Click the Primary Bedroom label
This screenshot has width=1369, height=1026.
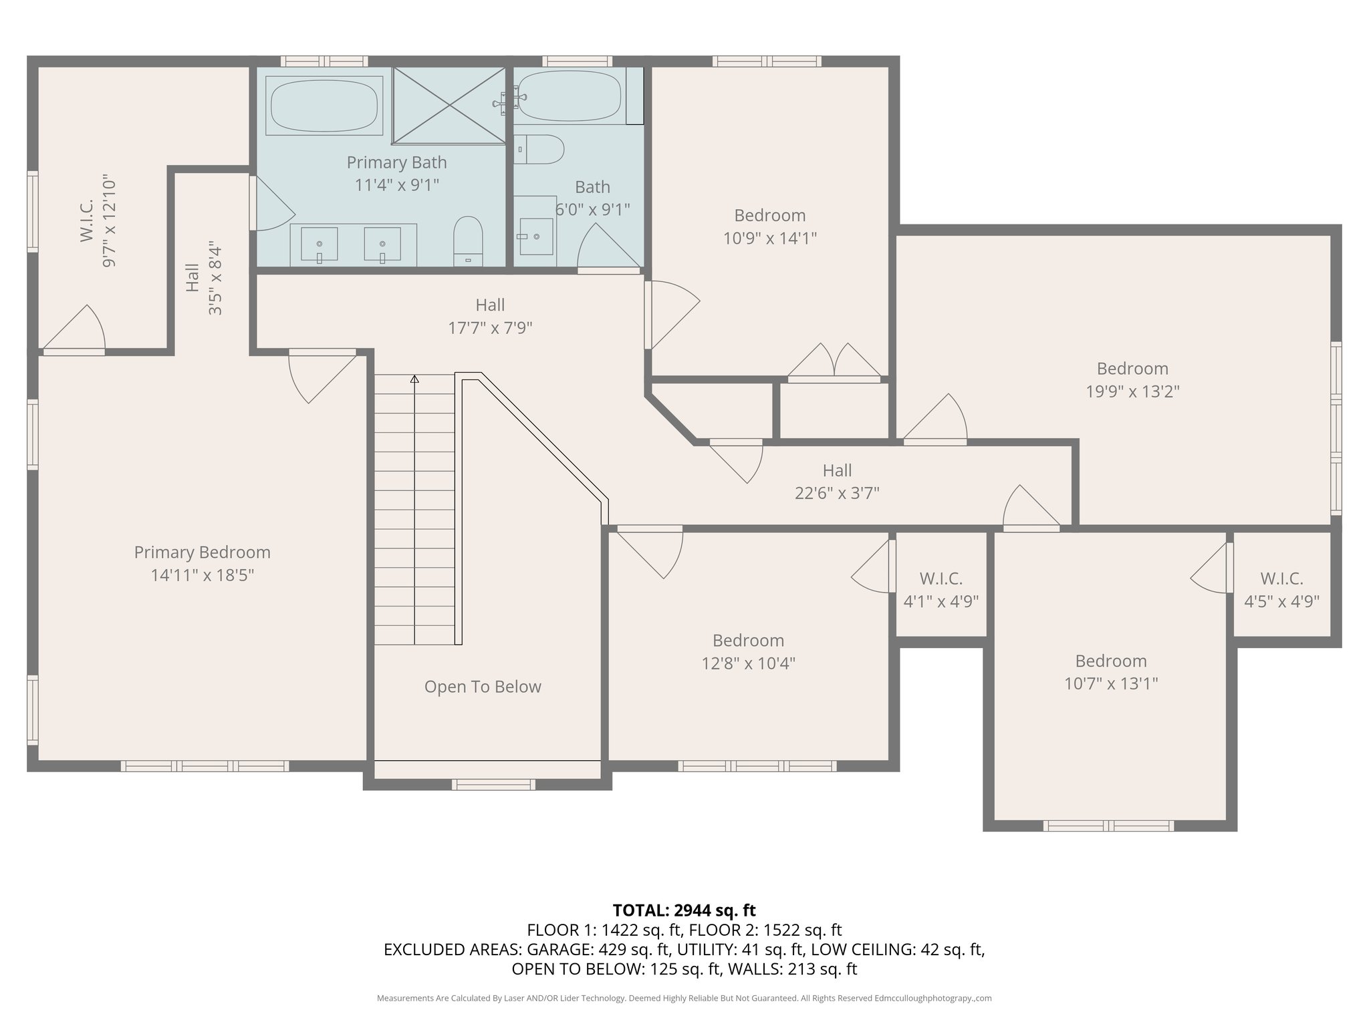202,552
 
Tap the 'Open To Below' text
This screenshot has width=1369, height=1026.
483,687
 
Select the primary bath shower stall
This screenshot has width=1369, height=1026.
449,105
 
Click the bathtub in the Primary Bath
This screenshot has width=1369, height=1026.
324,105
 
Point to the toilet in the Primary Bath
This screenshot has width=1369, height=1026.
468,240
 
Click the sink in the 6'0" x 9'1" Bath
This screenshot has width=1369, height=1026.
536,236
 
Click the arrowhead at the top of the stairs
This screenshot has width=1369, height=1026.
414,379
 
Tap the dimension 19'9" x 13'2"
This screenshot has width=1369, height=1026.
1132,391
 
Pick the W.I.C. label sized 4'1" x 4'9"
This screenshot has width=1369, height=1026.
941,590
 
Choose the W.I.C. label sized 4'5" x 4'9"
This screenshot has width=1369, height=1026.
1281,590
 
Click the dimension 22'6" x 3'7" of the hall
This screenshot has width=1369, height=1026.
837,494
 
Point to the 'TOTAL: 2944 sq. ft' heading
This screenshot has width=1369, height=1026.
684,910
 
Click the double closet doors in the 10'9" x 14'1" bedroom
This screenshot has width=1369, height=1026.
834,361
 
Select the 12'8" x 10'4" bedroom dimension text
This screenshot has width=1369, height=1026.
748,663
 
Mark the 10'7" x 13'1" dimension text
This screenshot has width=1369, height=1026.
1111,684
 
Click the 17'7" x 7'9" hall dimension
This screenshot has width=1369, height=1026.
490,328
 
